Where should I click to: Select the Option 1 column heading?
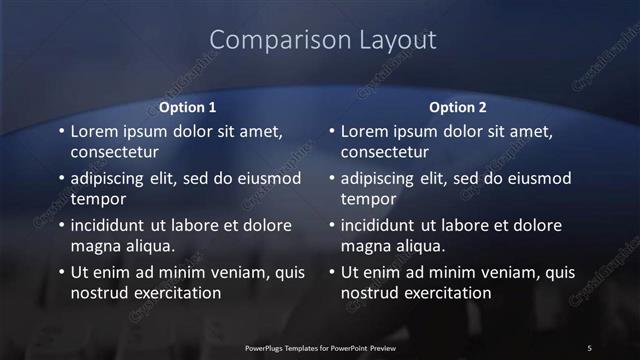tap(188, 107)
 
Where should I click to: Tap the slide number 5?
tap(589, 347)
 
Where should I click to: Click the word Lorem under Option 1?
tap(96, 131)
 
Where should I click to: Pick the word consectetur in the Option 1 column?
tap(116, 152)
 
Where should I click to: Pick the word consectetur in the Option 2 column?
tap(386, 152)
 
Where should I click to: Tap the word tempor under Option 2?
tap(368, 199)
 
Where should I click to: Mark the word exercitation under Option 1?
tap(171, 293)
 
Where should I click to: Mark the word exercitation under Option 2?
tap(441, 293)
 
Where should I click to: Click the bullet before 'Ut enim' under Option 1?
tap(61, 272)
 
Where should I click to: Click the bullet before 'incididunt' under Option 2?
tap(331, 225)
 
